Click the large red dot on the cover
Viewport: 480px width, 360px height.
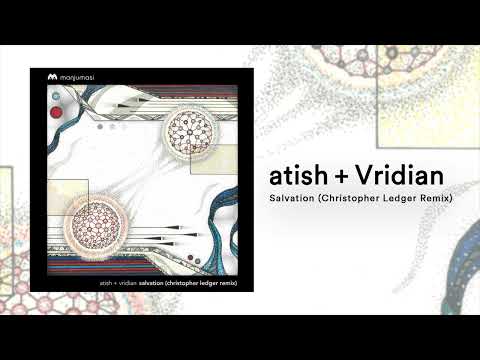tap(57, 112)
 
